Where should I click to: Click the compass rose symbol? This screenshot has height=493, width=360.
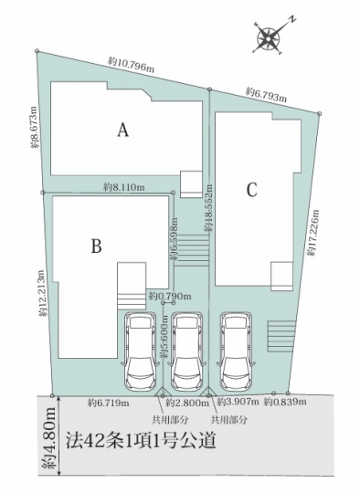click(x=269, y=38)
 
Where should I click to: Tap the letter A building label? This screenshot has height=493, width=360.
click(x=123, y=130)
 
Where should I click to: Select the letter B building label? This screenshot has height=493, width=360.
click(x=96, y=246)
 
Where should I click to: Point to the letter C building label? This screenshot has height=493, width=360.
click(x=252, y=190)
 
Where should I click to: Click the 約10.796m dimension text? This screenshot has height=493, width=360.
click(x=132, y=65)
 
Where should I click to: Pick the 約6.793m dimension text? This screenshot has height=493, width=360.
click(x=266, y=95)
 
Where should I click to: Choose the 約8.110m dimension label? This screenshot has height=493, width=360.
click(x=124, y=187)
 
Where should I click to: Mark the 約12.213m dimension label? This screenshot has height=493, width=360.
click(x=43, y=293)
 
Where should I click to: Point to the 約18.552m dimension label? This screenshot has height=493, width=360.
click(x=208, y=208)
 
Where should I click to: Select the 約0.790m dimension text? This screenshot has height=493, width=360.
click(x=170, y=296)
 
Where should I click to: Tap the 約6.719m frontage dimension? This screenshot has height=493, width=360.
click(x=108, y=403)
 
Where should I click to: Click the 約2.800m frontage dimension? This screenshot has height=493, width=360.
click(x=187, y=403)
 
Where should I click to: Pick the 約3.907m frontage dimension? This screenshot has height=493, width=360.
click(x=238, y=402)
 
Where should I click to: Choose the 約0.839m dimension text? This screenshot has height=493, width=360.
click(x=285, y=402)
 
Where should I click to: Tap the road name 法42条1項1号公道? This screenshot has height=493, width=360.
click(x=141, y=441)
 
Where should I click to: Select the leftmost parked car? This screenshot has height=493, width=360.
click(x=140, y=351)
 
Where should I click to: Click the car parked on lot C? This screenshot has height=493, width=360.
click(x=236, y=351)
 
